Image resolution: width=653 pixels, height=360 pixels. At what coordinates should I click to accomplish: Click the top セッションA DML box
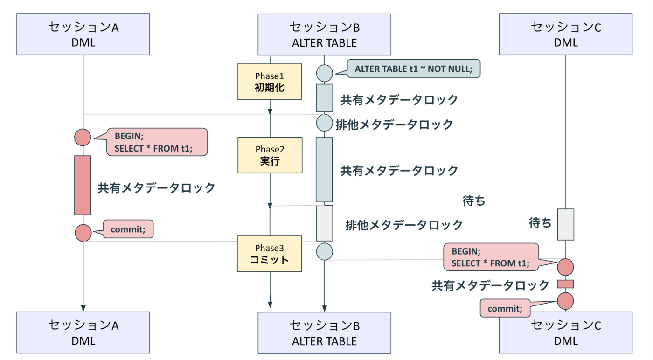pyautogui.click(x=83, y=35)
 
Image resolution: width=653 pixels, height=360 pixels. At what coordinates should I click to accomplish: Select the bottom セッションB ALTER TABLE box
pyautogui.click(x=324, y=333)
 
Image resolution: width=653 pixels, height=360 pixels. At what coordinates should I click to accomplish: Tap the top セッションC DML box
pyautogui.click(x=566, y=35)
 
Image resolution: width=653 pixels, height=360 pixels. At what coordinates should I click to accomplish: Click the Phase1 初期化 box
pyautogui.click(x=270, y=82)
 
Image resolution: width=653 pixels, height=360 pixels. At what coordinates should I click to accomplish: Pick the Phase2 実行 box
pyautogui.click(x=270, y=155)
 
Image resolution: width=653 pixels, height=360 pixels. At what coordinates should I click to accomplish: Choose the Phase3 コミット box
pyautogui.click(x=270, y=254)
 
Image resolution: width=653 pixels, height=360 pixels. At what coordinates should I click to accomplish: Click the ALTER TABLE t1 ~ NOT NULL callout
pyautogui.click(x=414, y=69)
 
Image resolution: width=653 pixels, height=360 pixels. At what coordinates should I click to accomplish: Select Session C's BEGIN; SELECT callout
pyautogui.click(x=490, y=257)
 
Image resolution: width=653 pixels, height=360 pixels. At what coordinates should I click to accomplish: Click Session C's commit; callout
pyautogui.click(x=506, y=308)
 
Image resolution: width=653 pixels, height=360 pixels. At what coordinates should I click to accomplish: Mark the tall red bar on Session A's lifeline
pyautogui.click(x=83, y=185)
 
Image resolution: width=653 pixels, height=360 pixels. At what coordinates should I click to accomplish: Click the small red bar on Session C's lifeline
pyautogui.click(x=565, y=284)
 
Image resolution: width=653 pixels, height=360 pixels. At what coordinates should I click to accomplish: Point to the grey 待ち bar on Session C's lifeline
pyautogui.click(x=566, y=224)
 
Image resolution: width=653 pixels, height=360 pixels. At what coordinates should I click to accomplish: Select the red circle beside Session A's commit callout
pyautogui.click(x=83, y=232)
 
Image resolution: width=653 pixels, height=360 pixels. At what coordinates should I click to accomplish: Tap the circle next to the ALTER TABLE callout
pyautogui.click(x=324, y=73)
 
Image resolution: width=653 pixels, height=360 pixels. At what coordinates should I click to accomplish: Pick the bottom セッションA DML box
pyautogui.click(x=83, y=333)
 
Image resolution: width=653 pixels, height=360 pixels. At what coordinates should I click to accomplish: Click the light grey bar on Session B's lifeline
pyautogui.click(x=325, y=223)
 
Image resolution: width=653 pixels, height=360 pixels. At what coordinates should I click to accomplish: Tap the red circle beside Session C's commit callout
pyautogui.click(x=565, y=301)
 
